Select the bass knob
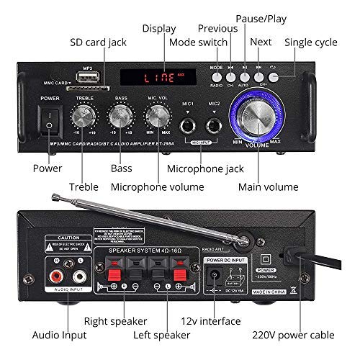tap(120, 117)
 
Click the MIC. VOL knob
tap(156, 117)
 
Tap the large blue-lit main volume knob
tap(257, 120)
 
